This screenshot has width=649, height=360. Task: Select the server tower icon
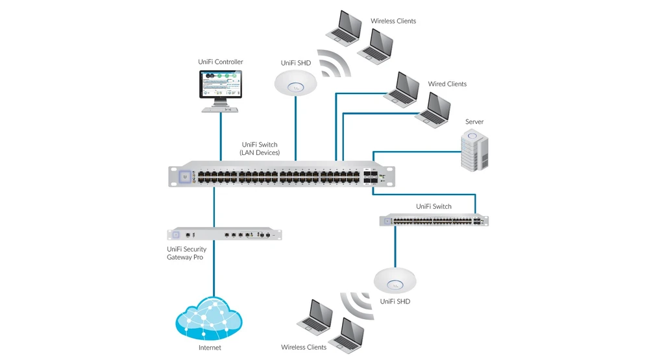[473, 150]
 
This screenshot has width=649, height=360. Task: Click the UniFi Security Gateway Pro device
[225, 234]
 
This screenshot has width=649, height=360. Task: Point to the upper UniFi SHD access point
[295, 82]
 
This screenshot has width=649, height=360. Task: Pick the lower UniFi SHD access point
[395, 280]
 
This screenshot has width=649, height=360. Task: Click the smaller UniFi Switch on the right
[434, 221]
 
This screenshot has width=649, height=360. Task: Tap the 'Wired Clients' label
[447, 84]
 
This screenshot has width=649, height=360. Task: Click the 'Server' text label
[474, 122]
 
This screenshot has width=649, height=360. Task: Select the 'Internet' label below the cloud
[210, 348]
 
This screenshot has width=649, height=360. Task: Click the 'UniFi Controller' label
[220, 62]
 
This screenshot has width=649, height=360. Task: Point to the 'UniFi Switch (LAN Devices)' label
[260, 149]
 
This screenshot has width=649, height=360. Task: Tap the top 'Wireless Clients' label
[393, 21]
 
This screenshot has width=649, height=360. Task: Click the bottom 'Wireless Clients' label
[303, 348]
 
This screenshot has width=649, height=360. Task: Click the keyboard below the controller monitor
[220, 110]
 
